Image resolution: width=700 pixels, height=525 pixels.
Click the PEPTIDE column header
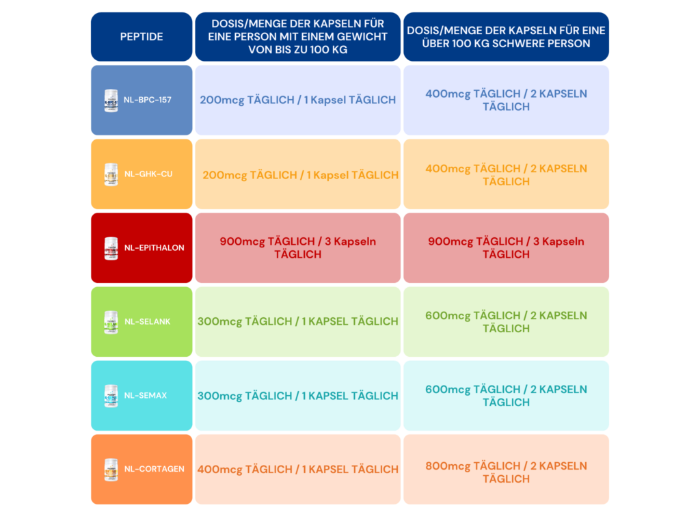[x=142, y=37]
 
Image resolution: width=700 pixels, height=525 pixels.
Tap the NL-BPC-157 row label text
[x=148, y=100]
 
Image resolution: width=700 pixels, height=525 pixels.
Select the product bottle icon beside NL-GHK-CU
[x=111, y=174]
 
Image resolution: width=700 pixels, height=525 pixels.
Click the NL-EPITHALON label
[x=154, y=247]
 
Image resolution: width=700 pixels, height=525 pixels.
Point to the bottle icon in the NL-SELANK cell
[x=111, y=322]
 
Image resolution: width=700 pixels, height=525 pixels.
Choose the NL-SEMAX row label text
[x=146, y=396]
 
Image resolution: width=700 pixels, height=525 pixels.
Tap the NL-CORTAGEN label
[x=154, y=469]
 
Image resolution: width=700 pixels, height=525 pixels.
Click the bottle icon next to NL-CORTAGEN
[x=111, y=470]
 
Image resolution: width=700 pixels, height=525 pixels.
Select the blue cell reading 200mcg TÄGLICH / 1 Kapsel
[x=298, y=100]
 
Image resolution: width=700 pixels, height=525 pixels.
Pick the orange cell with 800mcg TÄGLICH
[x=507, y=470]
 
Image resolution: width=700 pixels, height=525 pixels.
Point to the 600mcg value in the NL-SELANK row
[x=448, y=316]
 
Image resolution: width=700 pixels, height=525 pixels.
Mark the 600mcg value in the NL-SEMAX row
[x=448, y=390]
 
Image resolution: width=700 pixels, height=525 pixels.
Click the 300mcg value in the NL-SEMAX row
[x=219, y=396]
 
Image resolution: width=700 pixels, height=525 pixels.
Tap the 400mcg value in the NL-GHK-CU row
[x=448, y=169]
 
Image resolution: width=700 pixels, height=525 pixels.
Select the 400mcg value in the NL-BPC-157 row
[x=448, y=94]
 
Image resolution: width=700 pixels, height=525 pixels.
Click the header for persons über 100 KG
[x=507, y=37]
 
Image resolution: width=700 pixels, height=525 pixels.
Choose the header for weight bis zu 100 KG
[x=298, y=37]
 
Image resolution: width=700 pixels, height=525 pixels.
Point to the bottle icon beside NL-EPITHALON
[x=111, y=248]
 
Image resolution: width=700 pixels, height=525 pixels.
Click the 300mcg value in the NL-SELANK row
[x=219, y=322]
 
